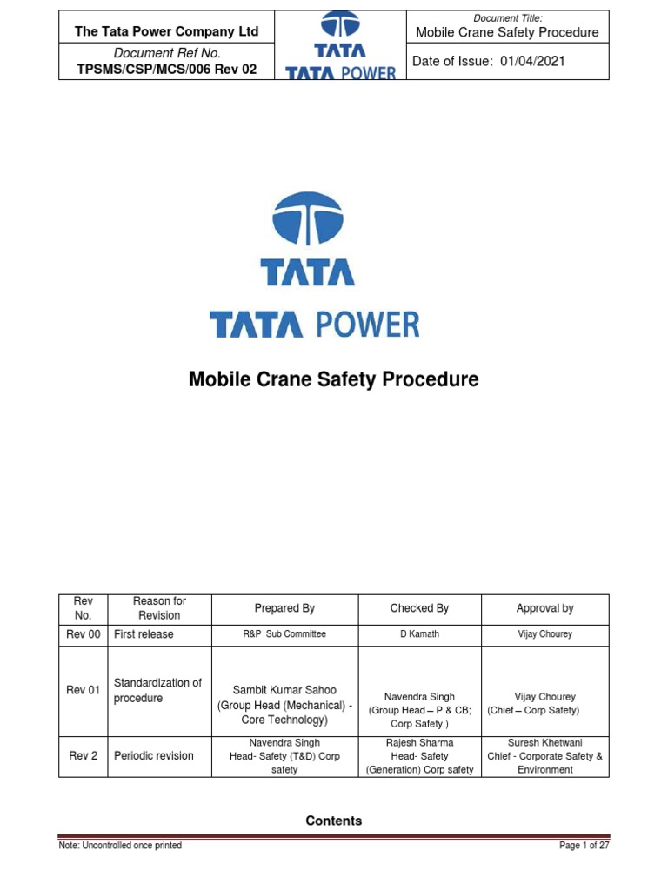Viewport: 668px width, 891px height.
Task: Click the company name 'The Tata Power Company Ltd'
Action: click(167, 31)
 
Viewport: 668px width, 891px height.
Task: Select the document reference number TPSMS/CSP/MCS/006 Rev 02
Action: click(167, 70)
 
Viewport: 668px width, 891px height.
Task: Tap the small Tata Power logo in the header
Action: click(341, 45)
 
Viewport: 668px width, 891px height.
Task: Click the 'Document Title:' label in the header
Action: click(508, 18)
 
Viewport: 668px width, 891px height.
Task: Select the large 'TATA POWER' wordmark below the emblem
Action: click(315, 325)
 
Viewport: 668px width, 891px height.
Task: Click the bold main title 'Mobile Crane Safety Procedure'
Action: click(334, 380)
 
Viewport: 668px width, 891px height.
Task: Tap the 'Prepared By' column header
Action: click(284, 608)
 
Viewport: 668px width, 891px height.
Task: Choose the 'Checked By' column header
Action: click(419, 608)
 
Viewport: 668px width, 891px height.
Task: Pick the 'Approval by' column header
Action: click(544, 608)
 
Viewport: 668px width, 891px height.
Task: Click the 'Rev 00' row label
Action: click(83, 634)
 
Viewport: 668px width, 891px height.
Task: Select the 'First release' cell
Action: click(144, 634)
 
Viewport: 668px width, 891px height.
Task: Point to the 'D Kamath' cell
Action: click(419, 634)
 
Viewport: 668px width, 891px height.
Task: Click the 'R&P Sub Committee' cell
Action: click(284, 634)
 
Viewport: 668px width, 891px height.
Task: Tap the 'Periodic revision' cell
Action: click(154, 756)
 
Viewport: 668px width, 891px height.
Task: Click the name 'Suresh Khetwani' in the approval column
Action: click(544, 743)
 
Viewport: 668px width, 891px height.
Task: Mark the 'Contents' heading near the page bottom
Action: click(334, 821)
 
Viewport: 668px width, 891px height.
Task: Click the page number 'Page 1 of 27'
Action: click(584, 846)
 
